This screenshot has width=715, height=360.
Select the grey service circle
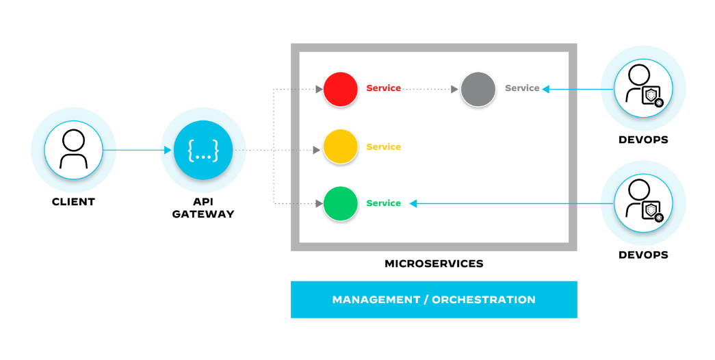pyautogui.click(x=478, y=89)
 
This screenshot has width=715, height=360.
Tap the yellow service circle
pyautogui.click(x=341, y=146)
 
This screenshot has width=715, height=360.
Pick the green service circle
pyautogui.click(x=341, y=203)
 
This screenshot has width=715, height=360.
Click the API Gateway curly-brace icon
pyautogui.click(x=204, y=150)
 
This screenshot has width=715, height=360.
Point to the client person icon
pyautogui.click(x=73, y=150)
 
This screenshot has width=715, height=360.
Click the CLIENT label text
pyautogui.click(x=73, y=202)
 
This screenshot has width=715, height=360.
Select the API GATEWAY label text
pyautogui.click(x=203, y=208)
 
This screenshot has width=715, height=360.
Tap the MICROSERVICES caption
pyautogui.click(x=434, y=263)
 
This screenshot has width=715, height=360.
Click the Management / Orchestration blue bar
pyautogui.click(x=434, y=300)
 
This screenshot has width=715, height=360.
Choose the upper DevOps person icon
pyautogui.click(x=642, y=89)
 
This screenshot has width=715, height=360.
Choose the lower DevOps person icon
pyautogui.click(x=642, y=203)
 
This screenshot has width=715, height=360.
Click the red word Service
pyautogui.click(x=384, y=88)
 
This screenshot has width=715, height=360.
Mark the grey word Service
pyautogui.click(x=522, y=88)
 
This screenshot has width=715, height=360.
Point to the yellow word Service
pyautogui.click(x=384, y=146)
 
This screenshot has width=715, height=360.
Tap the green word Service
pyautogui.click(x=384, y=203)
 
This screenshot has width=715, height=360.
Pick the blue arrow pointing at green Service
pyautogui.click(x=506, y=203)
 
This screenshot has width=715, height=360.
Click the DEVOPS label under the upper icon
pyautogui.click(x=642, y=140)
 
